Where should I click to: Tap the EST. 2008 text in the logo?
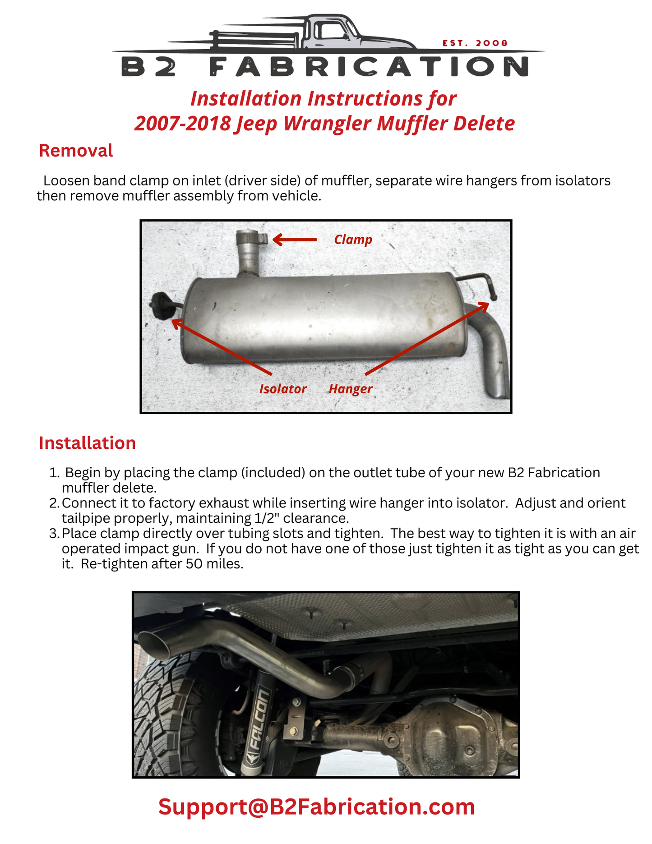tap(475, 43)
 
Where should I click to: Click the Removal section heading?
tap(76, 151)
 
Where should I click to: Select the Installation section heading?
tap(87, 443)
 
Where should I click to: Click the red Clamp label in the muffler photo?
tap(353, 240)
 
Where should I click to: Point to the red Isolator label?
tap(283, 389)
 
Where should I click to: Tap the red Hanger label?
tap(351, 389)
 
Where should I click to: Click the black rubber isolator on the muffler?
tap(160, 305)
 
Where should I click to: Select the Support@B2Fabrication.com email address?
tap(316, 807)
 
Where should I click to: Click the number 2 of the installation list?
tap(54, 503)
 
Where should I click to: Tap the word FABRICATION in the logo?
tap(369, 67)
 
